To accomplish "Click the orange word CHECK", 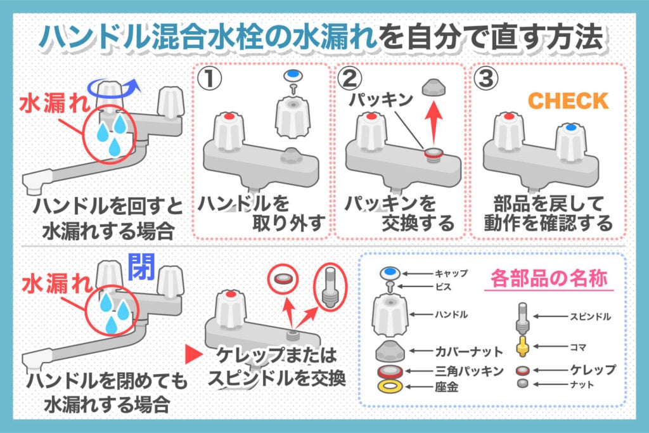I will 569,100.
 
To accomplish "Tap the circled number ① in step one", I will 212,80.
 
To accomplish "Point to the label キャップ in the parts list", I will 452,273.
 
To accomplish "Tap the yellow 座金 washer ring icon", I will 389,386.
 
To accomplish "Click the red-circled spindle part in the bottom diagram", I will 330,286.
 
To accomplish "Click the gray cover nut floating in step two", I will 434,86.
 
